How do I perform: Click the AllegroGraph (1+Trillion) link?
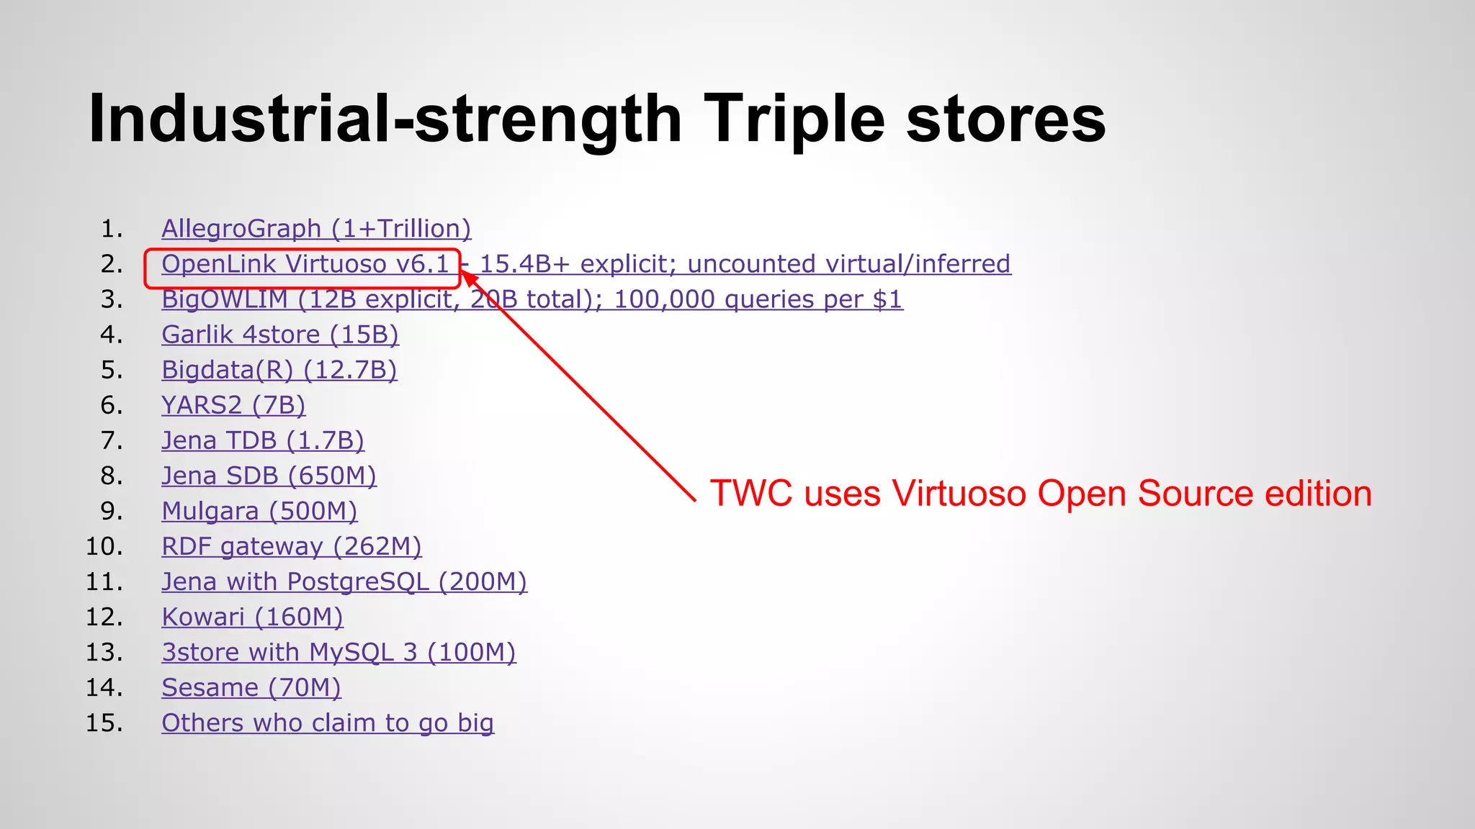pos(315,229)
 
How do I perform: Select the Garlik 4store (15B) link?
pos(279,335)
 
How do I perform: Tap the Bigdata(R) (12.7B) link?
pos(279,370)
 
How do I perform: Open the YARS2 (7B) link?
pos(233,405)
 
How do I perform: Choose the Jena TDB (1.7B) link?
pos(262,440)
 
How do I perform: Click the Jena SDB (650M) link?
pos(269,476)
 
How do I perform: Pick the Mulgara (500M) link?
pos(259,511)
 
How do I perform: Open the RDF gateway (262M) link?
pos(291,546)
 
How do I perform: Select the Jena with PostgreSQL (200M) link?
pos(344,581)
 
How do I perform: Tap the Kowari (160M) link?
pos(252,617)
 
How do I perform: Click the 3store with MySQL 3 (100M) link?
pos(339,652)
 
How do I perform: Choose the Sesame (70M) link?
pos(251,687)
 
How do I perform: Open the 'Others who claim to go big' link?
pos(327,722)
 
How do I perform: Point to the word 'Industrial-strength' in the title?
pos(385,119)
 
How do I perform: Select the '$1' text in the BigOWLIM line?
pos(887,299)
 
